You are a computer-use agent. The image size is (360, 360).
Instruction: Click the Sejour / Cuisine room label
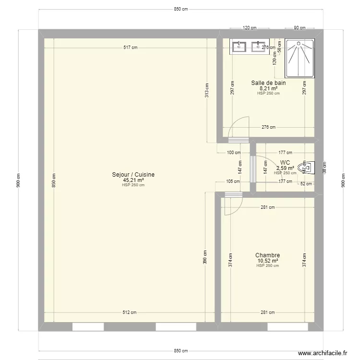(133, 175)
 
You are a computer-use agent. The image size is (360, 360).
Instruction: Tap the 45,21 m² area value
(133, 180)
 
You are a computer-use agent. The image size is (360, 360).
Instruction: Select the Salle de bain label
(268, 83)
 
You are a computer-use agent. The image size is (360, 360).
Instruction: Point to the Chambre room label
(267, 255)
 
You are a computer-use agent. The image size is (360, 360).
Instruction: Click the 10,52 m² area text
(267, 261)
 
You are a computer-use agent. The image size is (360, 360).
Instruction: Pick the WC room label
(285, 163)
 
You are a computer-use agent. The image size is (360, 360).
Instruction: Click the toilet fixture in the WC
(305, 168)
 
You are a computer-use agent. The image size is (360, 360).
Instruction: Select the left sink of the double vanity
(240, 47)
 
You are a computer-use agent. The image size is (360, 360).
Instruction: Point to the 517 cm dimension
(131, 47)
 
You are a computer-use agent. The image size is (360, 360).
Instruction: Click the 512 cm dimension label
(130, 312)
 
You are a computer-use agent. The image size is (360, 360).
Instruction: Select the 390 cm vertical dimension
(205, 257)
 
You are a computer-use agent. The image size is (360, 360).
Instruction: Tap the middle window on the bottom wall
(176, 327)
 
